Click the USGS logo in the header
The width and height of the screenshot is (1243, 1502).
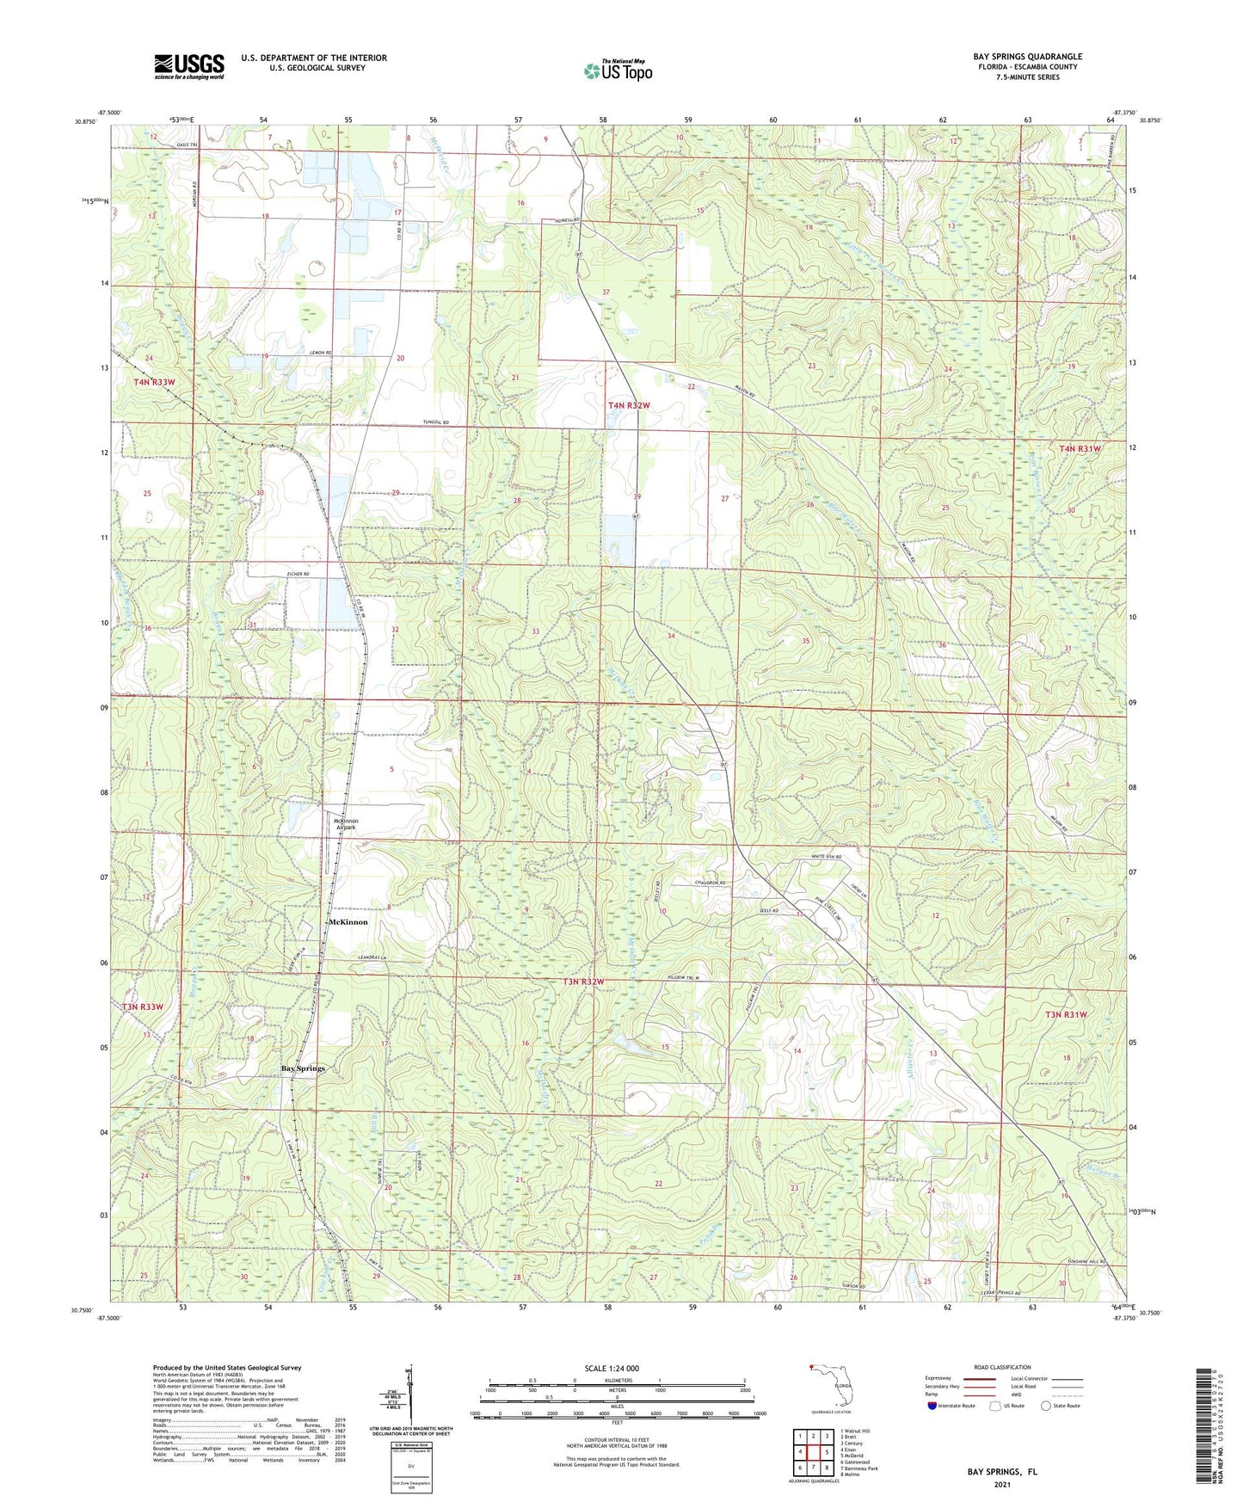point(189,66)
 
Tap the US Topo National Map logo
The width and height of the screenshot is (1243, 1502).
point(618,71)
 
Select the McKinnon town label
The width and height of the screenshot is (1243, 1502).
point(348,921)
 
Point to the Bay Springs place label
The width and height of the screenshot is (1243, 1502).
point(304,1068)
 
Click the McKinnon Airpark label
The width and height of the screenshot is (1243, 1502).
point(346,824)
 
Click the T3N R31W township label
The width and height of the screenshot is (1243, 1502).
point(1066,1015)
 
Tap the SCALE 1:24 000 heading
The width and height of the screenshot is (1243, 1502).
point(612,1368)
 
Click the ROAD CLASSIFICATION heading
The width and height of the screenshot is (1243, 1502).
point(1002,1367)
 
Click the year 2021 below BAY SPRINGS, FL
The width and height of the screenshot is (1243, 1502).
point(1002,1484)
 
